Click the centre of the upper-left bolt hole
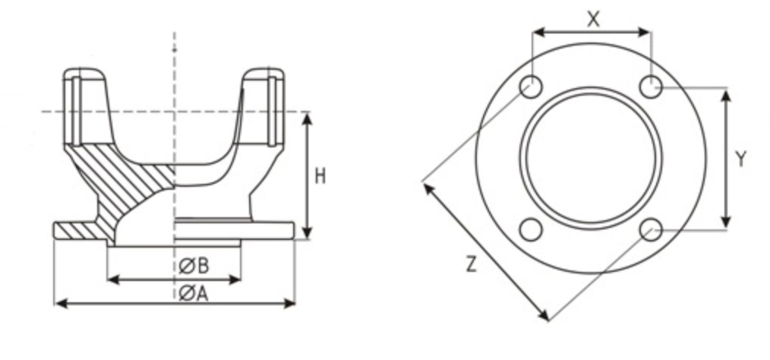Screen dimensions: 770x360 click(x=531, y=87)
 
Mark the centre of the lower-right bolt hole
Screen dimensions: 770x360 click(x=652, y=230)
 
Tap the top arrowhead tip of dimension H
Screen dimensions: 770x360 click(x=307, y=113)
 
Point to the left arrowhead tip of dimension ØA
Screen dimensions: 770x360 click(x=55, y=304)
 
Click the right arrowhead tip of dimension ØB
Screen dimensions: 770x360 click(x=241, y=280)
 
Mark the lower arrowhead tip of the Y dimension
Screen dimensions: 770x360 click(x=727, y=229)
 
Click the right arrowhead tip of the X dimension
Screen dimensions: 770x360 click(x=652, y=33)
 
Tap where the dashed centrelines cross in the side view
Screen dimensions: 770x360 click(x=175, y=112)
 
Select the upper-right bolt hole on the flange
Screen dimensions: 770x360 click(x=652, y=87)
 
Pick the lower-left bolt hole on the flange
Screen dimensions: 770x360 click(x=531, y=230)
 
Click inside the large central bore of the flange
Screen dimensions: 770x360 click(x=591, y=158)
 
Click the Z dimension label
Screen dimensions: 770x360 click(x=472, y=265)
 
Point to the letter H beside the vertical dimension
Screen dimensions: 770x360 click(x=320, y=176)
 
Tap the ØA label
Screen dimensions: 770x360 click(x=194, y=294)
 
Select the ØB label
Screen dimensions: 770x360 click(x=194, y=266)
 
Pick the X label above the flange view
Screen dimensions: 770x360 click(x=593, y=19)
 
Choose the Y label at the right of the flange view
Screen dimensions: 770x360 click(x=741, y=159)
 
